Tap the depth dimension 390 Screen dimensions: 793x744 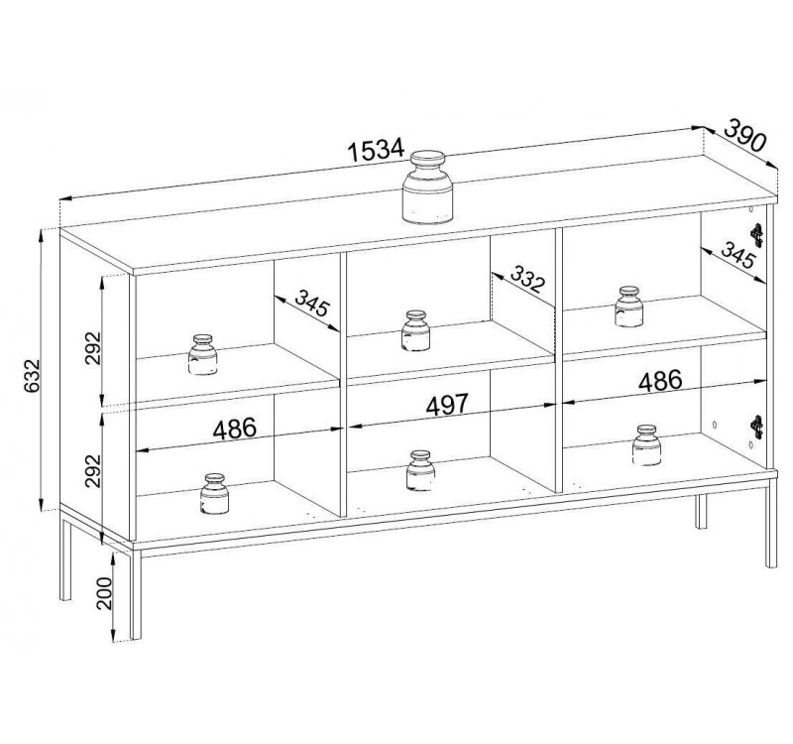click(745, 135)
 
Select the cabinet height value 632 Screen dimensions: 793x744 click(32, 376)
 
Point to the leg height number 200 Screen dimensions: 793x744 click(104, 593)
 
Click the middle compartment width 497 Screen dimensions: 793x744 click(448, 405)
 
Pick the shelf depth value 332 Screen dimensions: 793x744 click(527, 279)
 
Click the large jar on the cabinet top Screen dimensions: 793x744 click(427, 187)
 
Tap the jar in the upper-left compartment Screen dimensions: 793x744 click(203, 355)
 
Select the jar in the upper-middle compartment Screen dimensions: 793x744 click(415, 330)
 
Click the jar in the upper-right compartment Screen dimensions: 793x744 click(629, 307)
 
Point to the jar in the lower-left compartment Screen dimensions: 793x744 click(214, 494)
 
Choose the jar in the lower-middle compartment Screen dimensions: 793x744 click(420, 470)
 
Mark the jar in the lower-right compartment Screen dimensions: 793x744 click(646, 445)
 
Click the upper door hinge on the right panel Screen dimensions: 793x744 click(756, 235)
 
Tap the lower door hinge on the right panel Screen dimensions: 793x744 click(756, 428)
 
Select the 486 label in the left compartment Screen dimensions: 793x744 click(235, 430)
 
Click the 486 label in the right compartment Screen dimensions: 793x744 click(660, 381)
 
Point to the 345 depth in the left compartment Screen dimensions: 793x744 click(312, 304)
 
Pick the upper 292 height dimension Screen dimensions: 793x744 click(93, 348)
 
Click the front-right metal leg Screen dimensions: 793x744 click(771, 523)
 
